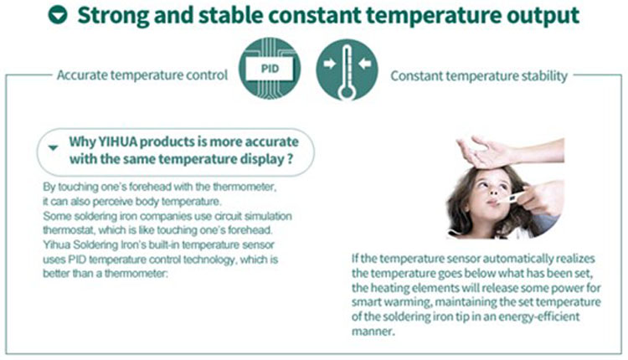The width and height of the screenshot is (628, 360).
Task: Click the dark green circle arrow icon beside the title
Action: pyautogui.click(x=58, y=15)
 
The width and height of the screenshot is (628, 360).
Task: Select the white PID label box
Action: pyautogui.click(x=270, y=69)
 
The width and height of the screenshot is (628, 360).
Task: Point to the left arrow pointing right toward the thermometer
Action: pyautogui.click(x=329, y=64)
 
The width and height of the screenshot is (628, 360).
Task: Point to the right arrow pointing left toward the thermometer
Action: pyautogui.click(x=365, y=64)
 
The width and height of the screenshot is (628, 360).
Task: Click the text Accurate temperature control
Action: pyautogui.click(x=142, y=75)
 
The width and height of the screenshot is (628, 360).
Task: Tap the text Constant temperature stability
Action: pyautogui.click(x=479, y=75)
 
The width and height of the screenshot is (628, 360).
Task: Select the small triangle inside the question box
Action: pyautogui.click(x=53, y=147)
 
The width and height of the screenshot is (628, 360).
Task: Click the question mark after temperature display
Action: pyautogui.click(x=291, y=159)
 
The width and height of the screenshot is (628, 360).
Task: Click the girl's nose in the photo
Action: pyautogui.click(x=494, y=192)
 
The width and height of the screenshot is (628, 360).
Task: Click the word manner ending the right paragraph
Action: pyautogui.click(x=373, y=332)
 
